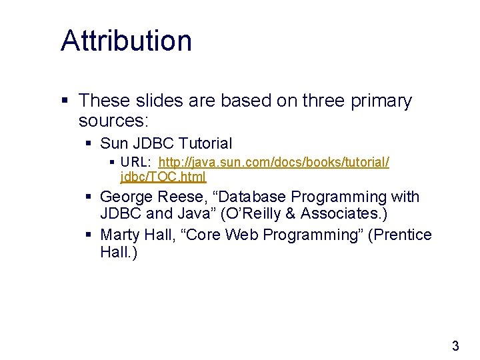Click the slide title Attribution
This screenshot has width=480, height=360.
[x=126, y=41]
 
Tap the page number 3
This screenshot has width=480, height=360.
[x=455, y=346]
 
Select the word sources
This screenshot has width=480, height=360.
[x=114, y=121]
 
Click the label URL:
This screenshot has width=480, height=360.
[x=135, y=163]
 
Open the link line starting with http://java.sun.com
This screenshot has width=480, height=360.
[x=274, y=163]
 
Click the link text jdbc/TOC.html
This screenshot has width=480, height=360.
[x=163, y=177]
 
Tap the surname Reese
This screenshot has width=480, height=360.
[x=182, y=197]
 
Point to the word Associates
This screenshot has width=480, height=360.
[x=346, y=215]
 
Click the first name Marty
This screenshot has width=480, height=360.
[x=119, y=235]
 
